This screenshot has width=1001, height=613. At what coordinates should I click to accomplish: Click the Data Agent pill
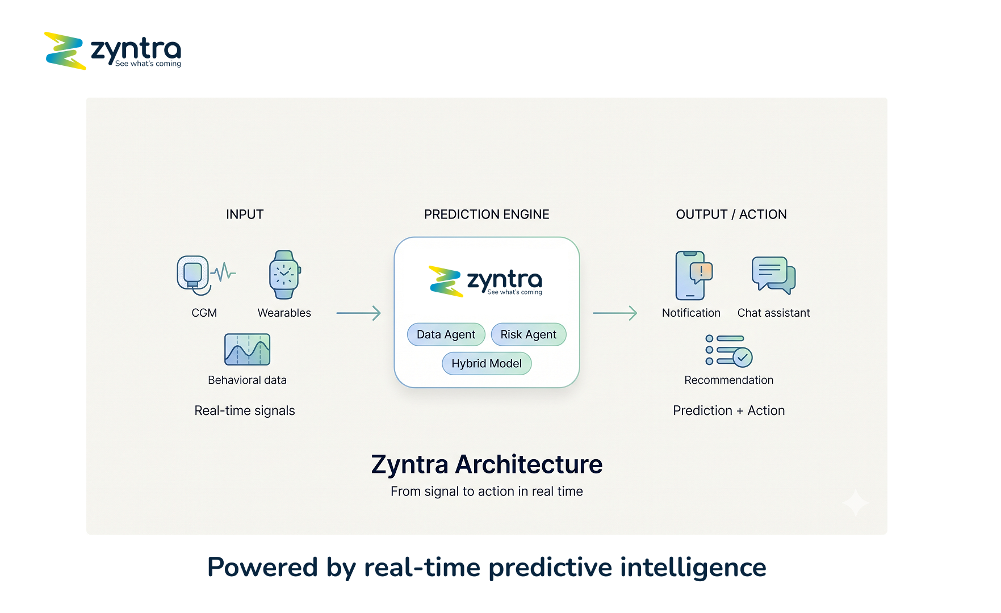point(446,335)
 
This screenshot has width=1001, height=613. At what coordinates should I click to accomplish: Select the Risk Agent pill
point(528,335)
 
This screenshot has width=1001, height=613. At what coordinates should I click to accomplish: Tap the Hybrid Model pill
point(487,364)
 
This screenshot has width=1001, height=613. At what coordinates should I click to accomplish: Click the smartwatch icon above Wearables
point(284,275)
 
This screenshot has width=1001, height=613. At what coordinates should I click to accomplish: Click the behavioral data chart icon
point(247,349)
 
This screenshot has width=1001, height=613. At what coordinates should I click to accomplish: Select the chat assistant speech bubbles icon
point(773,275)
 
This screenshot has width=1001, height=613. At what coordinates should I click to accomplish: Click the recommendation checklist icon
point(729,350)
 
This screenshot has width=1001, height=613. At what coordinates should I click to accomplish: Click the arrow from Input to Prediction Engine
point(358,313)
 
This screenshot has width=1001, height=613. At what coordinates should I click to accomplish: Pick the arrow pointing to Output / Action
point(615,313)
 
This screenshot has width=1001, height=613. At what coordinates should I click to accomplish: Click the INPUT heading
point(245,215)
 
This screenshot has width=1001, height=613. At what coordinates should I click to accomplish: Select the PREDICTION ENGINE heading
point(487,215)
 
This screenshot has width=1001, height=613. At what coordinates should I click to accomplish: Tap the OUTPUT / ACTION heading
point(731,215)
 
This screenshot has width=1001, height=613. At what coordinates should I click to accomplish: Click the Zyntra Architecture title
point(487,464)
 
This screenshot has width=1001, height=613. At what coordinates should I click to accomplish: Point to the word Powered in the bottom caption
point(262,567)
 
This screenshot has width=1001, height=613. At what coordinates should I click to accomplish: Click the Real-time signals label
point(245,411)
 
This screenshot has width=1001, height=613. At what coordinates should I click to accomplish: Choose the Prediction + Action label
point(729,411)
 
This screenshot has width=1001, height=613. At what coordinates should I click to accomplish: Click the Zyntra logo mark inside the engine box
point(446,281)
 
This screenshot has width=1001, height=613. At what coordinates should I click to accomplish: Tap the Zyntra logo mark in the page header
point(65,51)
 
